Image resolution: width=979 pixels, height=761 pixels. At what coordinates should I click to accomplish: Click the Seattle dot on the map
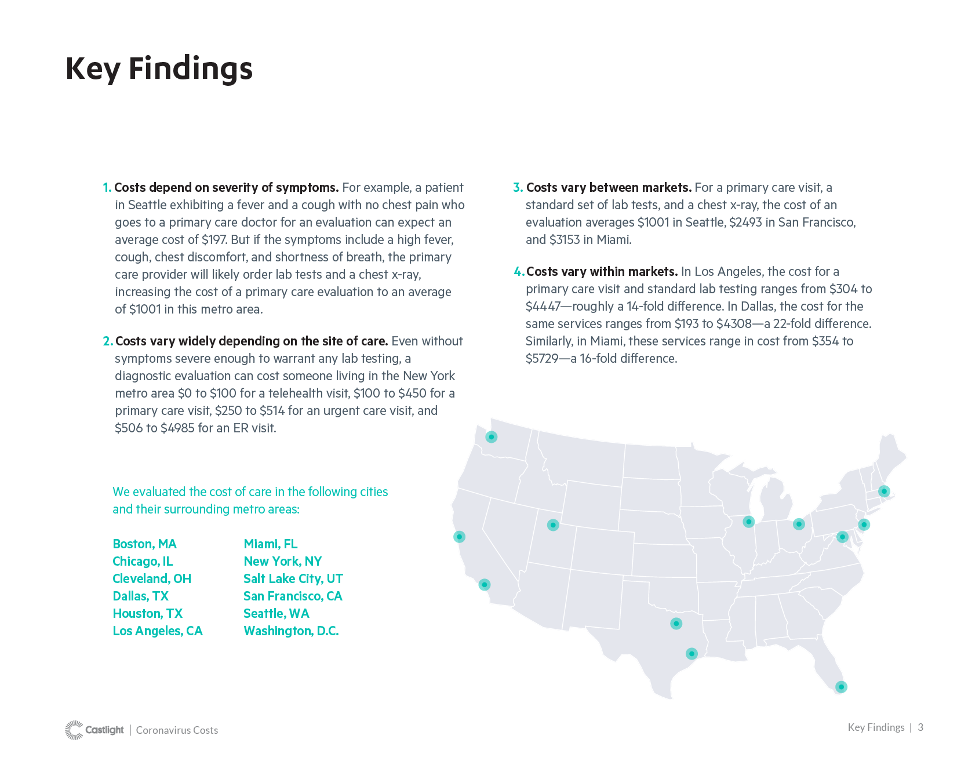[491, 436]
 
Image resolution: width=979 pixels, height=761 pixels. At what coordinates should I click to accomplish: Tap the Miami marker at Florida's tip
[841, 687]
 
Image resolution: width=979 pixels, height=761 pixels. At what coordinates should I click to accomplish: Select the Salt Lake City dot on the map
[553, 525]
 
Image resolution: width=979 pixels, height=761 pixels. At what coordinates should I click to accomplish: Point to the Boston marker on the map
[884, 491]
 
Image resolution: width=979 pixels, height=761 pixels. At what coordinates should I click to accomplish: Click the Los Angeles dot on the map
[485, 584]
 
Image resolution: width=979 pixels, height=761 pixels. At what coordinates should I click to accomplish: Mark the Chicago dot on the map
[749, 522]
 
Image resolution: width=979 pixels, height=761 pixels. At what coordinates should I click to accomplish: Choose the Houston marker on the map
[692, 653]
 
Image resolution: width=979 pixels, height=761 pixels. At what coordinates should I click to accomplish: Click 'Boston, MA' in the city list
[144, 544]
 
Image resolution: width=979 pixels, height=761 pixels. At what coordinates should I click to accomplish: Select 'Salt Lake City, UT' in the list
[293, 578]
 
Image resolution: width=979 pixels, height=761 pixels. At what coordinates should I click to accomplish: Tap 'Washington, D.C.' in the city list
[291, 631]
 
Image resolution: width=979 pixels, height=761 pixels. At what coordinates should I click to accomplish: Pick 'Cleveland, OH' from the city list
[152, 578]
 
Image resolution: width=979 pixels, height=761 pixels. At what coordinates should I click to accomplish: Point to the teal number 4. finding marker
[519, 272]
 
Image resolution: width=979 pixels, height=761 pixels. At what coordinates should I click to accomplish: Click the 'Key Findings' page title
[159, 68]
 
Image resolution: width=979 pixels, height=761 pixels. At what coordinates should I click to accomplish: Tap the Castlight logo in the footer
[95, 730]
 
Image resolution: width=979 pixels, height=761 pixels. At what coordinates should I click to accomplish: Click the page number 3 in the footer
[920, 727]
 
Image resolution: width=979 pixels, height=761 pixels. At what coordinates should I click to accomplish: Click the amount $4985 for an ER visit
[177, 428]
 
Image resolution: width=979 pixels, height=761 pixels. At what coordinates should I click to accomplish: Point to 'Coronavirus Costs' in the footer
[177, 730]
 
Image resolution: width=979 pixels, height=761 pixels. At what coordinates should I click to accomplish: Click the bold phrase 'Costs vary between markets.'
[609, 188]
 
